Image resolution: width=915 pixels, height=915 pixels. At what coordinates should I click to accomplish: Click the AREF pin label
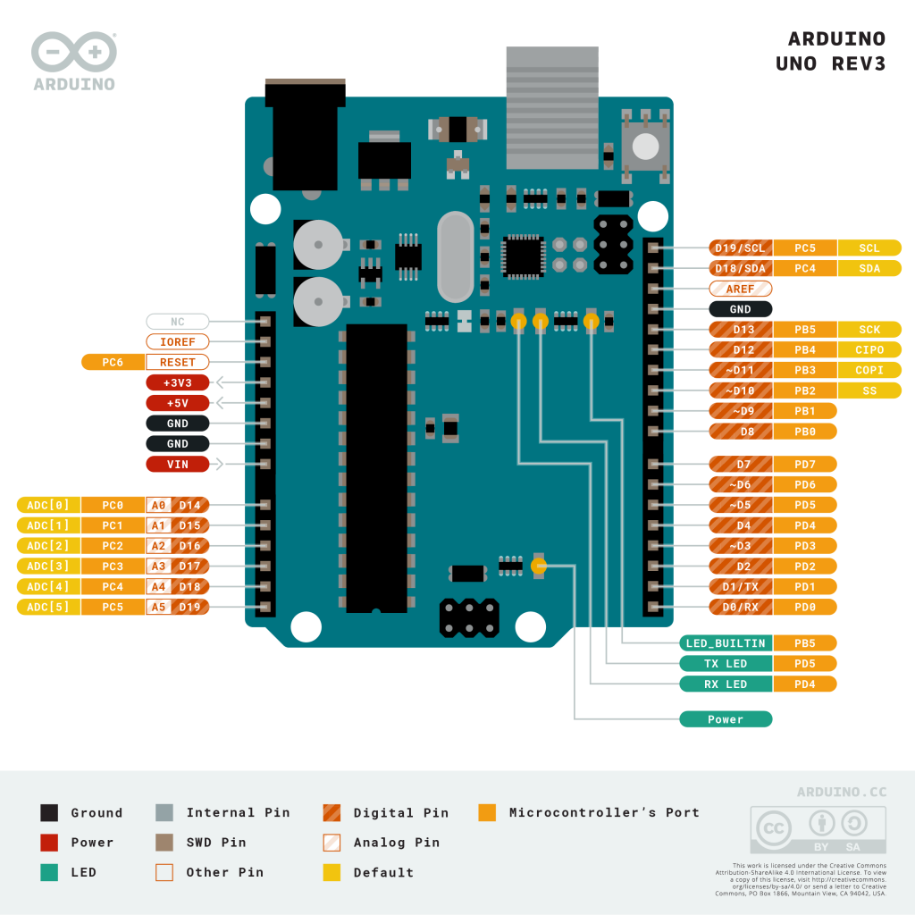740,289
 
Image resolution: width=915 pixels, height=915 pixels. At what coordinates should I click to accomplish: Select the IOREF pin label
177,341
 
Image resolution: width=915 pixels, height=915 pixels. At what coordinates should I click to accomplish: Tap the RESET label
177,362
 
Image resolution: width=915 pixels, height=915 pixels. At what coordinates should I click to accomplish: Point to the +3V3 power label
177,382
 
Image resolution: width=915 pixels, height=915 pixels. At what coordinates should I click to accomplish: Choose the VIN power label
177,464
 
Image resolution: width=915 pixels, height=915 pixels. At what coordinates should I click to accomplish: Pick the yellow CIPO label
869,350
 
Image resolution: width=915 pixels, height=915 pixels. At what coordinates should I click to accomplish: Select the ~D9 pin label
741,411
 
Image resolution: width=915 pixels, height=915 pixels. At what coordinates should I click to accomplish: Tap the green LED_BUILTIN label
725,643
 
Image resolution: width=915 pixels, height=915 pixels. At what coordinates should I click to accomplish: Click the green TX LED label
725,664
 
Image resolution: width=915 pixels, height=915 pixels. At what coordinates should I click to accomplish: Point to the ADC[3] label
48,566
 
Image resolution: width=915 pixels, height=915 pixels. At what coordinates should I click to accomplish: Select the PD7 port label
804,465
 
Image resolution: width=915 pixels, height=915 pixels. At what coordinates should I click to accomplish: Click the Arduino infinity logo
74,54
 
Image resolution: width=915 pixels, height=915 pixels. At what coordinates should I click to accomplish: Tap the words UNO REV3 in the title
830,64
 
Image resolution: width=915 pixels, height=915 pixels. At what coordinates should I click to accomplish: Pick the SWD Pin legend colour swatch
164,843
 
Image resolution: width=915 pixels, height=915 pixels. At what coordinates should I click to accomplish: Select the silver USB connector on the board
552,107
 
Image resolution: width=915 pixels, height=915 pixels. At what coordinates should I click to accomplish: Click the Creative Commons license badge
818,830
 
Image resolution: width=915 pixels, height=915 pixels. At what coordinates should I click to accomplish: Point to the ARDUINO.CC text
841,792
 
